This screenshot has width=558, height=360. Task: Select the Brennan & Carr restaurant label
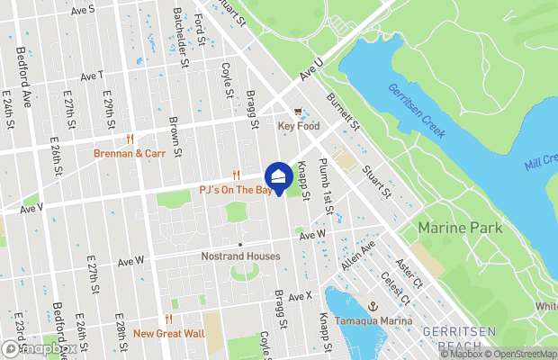(x=130, y=154)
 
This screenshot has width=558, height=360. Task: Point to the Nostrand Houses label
(x=240, y=256)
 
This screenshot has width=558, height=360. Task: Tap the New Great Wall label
(x=168, y=334)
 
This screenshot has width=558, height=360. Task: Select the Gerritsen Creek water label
(x=417, y=111)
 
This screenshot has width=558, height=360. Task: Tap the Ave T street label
(x=92, y=76)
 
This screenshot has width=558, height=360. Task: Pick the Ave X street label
(x=300, y=295)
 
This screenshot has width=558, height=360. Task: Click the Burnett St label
(x=343, y=111)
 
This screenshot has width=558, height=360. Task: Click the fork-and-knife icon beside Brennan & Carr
(x=130, y=139)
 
